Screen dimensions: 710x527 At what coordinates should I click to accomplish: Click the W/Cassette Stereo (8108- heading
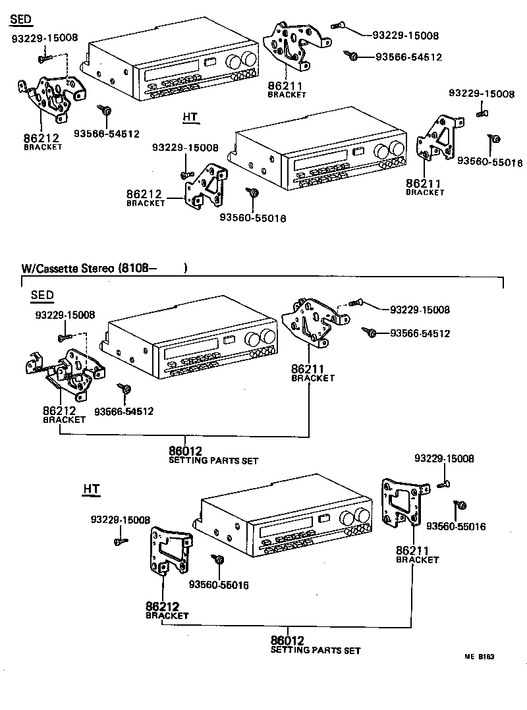pos(104,268)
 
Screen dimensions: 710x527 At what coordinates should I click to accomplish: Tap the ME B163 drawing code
pos(479,657)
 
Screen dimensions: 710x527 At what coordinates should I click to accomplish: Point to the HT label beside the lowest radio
pos(92,489)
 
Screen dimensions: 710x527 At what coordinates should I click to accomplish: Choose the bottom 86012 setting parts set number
pos(287,640)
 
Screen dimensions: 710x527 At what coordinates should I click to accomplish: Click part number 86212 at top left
pos(41,138)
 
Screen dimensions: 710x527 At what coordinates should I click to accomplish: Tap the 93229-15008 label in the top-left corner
pos(45,38)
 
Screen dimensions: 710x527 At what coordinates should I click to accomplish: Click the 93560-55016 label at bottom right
pos(456,526)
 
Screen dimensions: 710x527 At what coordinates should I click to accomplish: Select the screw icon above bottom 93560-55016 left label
pos(218,560)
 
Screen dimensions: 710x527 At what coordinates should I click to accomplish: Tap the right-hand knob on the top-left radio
pos(248,61)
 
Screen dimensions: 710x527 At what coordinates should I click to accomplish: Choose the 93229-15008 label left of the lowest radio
pos(121,520)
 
